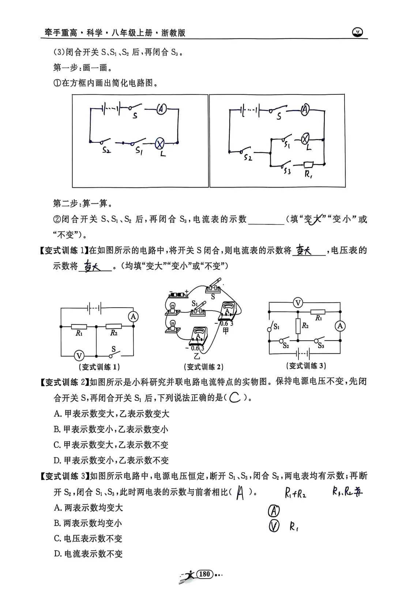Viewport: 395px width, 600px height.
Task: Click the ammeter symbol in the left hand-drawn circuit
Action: point(161,109)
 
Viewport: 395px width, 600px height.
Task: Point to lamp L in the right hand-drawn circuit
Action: point(306,139)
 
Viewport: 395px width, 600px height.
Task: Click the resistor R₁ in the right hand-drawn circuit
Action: point(308,165)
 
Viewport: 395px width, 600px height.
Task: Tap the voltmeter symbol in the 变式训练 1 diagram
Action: point(79,355)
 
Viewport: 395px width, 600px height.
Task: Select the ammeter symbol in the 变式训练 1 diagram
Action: point(133,316)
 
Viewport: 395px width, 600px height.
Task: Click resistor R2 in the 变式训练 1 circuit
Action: point(114,326)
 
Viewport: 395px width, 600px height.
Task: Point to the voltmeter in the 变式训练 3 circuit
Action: point(298,303)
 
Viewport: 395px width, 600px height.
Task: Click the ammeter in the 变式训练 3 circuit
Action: point(341,326)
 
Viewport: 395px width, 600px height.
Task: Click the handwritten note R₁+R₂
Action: point(296,494)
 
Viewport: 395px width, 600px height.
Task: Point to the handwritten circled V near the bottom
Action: point(274,526)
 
